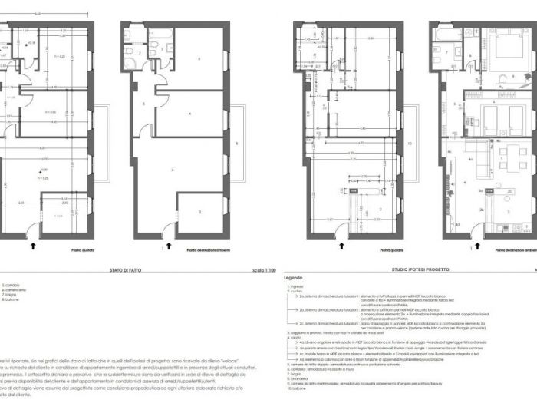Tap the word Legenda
(x=293, y=278)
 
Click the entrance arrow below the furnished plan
(x=477, y=245)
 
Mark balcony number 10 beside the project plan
(x=410, y=144)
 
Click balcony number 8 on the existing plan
(x=237, y=144)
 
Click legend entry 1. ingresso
(x=297, y=286)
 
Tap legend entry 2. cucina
(x=296, y=292)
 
